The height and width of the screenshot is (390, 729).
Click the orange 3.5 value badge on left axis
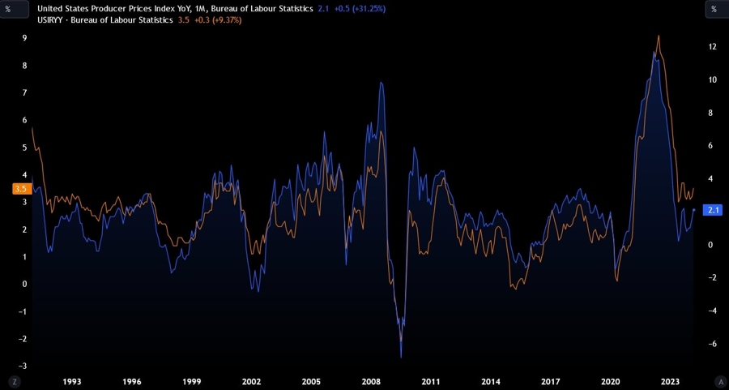point(20,189)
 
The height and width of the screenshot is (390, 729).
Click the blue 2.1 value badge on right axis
point(714,210)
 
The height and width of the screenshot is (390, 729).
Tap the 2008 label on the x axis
point(371,381)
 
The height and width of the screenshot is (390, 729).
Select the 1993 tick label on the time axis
point(71,381)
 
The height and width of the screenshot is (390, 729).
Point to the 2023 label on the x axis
point(670,381)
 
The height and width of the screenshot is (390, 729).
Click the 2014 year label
point(491,381)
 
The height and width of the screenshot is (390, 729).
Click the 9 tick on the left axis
point(24,38)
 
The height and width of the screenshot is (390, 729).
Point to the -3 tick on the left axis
point(23,366)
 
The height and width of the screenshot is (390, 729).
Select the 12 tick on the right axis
point(713,47)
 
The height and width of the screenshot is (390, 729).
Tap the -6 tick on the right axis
point(713,344)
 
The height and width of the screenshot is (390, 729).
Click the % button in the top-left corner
point(14,9)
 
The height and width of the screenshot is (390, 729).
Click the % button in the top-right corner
point(714,9)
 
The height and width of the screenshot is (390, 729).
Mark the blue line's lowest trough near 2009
point(401,358)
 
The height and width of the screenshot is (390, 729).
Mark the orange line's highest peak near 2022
point(659,36)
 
